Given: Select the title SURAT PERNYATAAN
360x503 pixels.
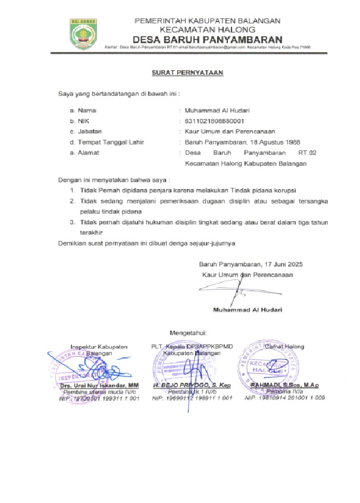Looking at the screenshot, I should tap(186, 73).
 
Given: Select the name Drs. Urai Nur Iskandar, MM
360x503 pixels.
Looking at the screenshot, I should tap(99, 386).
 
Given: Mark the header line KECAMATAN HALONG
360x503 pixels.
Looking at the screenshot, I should tap(207, 29).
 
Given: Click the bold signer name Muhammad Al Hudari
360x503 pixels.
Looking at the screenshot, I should tap(248, 310).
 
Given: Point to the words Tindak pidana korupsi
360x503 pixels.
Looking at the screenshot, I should tap(268, 190).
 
